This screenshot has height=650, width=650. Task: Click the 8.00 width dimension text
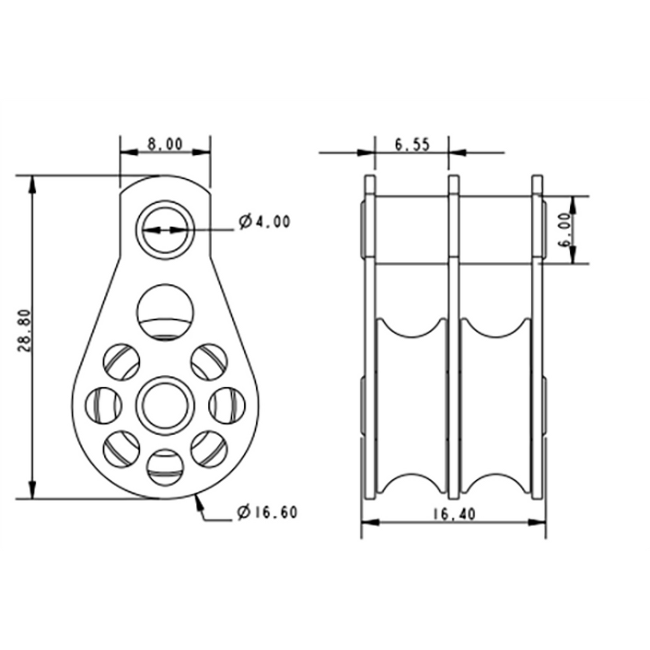[x=165, y=145]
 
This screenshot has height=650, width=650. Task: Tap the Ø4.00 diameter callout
[x=264, y=222]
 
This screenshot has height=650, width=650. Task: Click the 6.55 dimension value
[x=412, y=145]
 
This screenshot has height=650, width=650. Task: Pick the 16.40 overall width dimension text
[x=454, y=515]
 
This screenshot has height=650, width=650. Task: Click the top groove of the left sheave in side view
[x=412, y=327]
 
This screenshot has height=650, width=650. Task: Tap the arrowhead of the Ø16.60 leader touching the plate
[x=198, y=499]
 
